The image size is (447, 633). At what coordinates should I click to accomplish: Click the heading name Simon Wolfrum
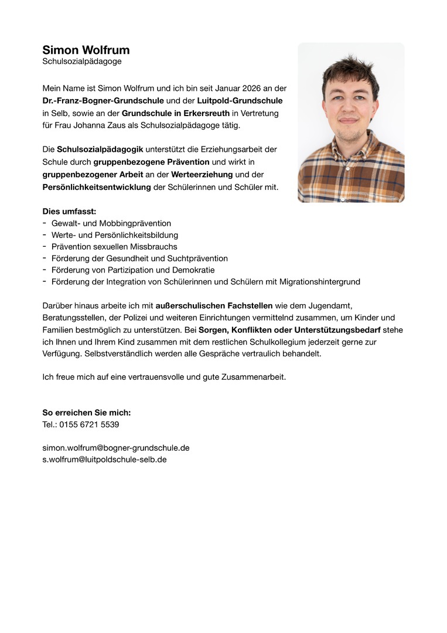[x=86, y=50]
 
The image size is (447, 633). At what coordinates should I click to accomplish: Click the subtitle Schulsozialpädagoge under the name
[x=82, y=61]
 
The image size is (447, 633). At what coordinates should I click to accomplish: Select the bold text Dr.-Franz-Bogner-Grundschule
[x=103, y=101]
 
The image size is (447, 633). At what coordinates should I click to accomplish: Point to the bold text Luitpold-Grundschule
[x=240, y=101]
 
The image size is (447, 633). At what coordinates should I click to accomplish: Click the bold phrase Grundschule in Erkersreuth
[x=176, y=113]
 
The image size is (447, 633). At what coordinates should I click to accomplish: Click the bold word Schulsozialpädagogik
[x=100, y=149]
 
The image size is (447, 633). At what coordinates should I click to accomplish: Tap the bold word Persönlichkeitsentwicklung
[x=97, y=187]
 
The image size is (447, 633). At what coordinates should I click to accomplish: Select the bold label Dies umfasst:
[x=69, y=211]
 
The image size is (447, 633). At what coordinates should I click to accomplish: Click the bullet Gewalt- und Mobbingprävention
[x=111, y=223]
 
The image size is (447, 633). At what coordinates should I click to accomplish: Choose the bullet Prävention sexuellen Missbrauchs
[x=114, y=247]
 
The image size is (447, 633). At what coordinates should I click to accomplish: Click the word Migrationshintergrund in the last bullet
[x=317, y=282]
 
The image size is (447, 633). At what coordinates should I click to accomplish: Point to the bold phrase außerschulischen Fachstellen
[x=214, y=305]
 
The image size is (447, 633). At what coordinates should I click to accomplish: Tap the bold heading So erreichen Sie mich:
[x=86, y=413]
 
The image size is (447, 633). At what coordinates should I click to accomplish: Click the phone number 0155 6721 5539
[x=89, y=424]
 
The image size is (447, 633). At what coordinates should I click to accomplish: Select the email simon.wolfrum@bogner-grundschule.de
[x=116, y=448]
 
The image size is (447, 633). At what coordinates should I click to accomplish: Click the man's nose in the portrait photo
[x=349, y=111]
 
